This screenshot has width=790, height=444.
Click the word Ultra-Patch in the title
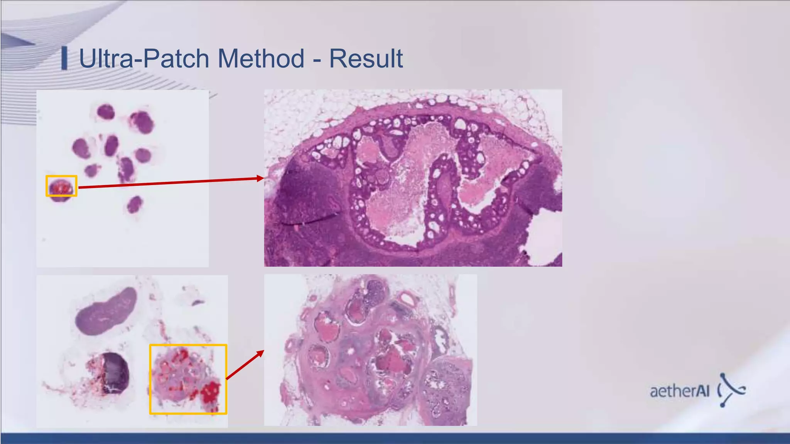(144, 59)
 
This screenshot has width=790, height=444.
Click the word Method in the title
(261, 59)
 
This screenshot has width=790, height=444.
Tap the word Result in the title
(366, 59)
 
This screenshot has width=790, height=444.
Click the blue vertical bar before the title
(64, 58)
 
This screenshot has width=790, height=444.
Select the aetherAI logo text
(680, 391)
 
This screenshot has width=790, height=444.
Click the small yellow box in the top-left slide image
(61, 186)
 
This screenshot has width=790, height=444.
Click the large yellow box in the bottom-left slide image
(188, 379)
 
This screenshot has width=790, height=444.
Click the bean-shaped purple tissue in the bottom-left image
(105, 311)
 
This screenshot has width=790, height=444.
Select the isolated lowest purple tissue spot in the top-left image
(135, 204)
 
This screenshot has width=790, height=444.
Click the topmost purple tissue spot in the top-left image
(105, 112)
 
